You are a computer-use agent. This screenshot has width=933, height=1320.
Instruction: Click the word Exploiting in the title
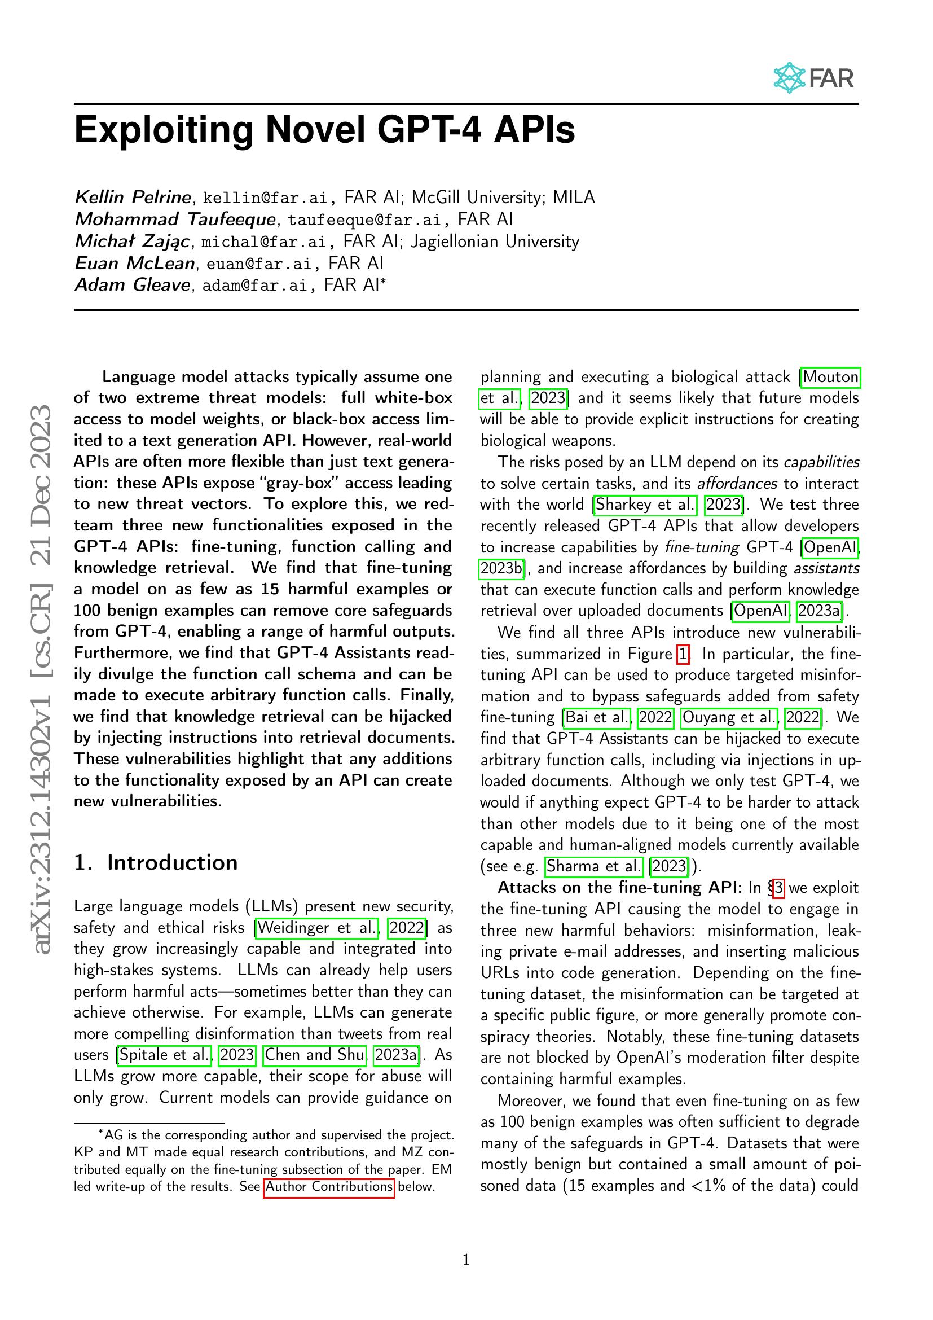pyautogui.click(x=163, y=130)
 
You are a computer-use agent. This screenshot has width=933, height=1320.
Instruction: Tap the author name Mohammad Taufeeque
pyautogui.click(x=175, y=220)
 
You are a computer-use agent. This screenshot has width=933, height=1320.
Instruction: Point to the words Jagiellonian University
pyautogui.click(x=495, y=242)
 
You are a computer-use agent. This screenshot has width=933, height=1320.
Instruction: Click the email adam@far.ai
pyautogui.click(x=254, y=286)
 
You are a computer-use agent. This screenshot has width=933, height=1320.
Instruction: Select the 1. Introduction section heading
pyautogui.click(x=156, y=863)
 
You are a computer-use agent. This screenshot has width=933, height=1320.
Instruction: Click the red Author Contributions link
pyautogui.click(x=329, y=1187)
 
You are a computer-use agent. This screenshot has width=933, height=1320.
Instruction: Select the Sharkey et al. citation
pyautogui.click(x=645, y=505)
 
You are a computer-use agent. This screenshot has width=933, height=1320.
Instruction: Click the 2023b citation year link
pyautogui.click(x=501, y=569)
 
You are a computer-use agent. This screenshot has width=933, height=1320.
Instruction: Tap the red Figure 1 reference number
pyautogui.click(x=683, y=654)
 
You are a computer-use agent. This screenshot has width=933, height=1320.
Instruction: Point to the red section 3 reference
pyautogui.click(x=778, y=888)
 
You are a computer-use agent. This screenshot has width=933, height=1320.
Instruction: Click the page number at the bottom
pyautogui.click(x=466, y=1261)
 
